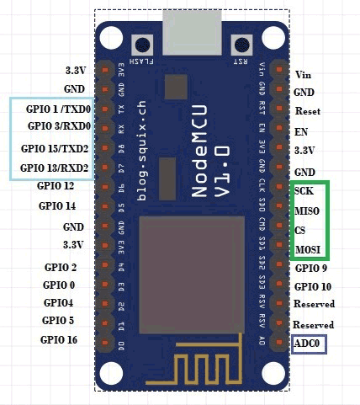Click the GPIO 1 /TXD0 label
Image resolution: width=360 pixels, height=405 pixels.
tap(60, 109)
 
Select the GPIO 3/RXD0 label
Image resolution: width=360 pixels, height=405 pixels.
tap(60, 126)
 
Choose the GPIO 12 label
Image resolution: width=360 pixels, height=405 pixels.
tap(56, 185)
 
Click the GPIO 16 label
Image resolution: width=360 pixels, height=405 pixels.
tap(58, 339)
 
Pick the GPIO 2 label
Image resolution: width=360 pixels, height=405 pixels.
tap(61, 267)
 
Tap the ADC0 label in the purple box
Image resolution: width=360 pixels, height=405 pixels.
tap(308, 344)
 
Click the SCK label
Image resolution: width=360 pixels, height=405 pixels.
tap(304, 191)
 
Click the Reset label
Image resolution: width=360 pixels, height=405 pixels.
tap(307, 111)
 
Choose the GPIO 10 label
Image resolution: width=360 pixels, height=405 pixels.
tap(313, 286)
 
